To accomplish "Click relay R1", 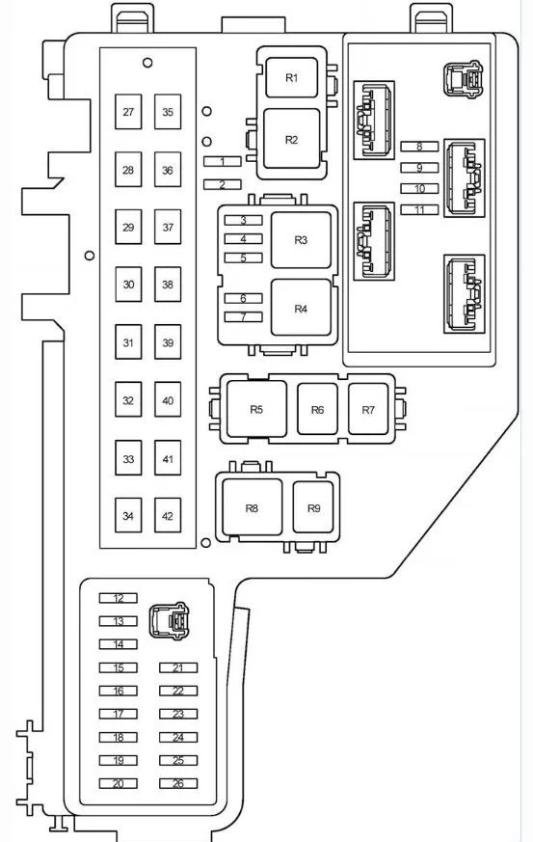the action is coord(291,78).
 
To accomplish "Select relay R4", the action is coord(301,308).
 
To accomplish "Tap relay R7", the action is coord(367,409).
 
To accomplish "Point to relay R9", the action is coord(313,507).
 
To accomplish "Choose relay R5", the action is coord(256,409).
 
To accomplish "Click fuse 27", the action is coord(128,112).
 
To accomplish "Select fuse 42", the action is coord(168,515).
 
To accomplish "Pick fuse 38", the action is coord(168,285).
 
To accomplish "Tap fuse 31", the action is coord(128,341).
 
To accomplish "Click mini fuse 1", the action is coord(223,161).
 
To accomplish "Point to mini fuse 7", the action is coord(243,316).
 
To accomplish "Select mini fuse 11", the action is coord(419,209).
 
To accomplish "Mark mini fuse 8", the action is coord(419,146).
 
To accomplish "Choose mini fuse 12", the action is coord(119,598).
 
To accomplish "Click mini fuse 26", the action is coord(178,783).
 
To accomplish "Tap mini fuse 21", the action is coord(178,667).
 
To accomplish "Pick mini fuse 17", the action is coord(119,714).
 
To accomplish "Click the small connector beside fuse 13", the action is coord(169,620).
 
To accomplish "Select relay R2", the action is coord(291,139).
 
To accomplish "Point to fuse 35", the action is coord(168,112).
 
